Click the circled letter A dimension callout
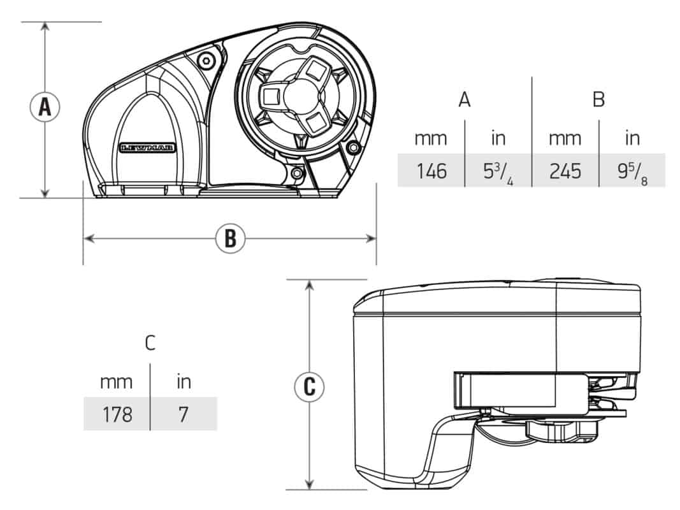coord(45,106)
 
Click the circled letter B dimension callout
coord(230,238)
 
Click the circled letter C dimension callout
coord(309,386)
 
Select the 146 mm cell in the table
coord(431,170)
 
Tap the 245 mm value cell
coord(565,170)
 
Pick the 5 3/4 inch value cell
coord(498,170)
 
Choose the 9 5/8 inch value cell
coord(632,170)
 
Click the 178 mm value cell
coord(117,414)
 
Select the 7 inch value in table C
coord(184,414)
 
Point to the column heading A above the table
coord(465,99)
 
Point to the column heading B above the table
coord(598,99)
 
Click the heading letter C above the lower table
coord(150,343)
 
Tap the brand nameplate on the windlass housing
coord(147,148)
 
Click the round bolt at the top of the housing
coord(206,61)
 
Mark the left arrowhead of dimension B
coord(89,238)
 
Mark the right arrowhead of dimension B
coord(371,238)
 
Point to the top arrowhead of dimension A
coord(45,27)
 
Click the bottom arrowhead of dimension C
coord(309,484)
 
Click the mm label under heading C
coord(116,382)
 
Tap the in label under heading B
coord(632,138)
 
